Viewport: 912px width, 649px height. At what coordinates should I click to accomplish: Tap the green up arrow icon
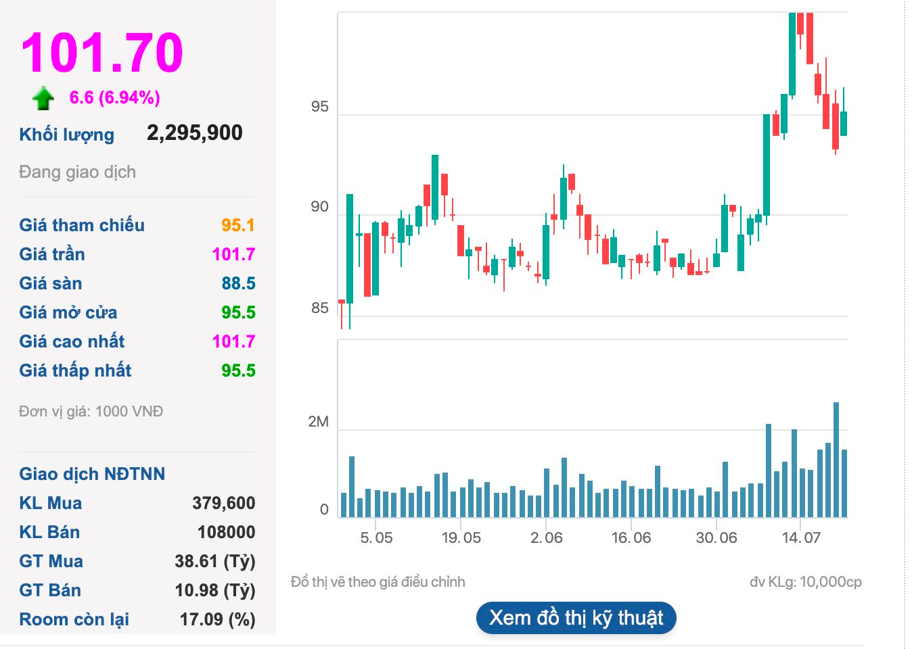pos(43,98)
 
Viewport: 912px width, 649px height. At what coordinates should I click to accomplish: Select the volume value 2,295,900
pos(195,133)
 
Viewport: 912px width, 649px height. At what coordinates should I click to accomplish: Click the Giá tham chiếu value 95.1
pos(238,225)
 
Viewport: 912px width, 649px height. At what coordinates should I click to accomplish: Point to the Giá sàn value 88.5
pos(238,283)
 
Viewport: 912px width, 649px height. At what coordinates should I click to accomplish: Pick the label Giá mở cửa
pos(68,312)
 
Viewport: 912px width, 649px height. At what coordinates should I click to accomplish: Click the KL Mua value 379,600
pos(223,503)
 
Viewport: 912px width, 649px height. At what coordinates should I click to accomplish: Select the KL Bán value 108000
pos(226,532)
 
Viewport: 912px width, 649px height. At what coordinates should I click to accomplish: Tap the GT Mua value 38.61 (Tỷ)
pos(214,561)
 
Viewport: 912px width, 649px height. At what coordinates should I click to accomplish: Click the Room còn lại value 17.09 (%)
pos(217,619)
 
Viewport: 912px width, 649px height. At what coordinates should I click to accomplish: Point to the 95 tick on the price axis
pos(319,107)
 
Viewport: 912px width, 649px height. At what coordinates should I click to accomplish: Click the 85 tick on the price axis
pos(319,308)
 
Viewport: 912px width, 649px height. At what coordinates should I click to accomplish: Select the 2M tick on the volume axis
pos(318,422)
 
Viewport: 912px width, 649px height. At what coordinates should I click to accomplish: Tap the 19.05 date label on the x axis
pos(461,538)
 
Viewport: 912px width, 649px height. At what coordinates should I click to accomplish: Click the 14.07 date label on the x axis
pos(801,538)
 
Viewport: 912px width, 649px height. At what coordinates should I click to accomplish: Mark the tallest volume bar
pos(836,460)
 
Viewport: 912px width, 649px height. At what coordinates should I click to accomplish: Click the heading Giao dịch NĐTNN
pos(92,474)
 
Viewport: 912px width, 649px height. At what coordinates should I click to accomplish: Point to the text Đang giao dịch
pos(77,172)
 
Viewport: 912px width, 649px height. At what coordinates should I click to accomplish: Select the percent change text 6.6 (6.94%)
pos(115,98)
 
